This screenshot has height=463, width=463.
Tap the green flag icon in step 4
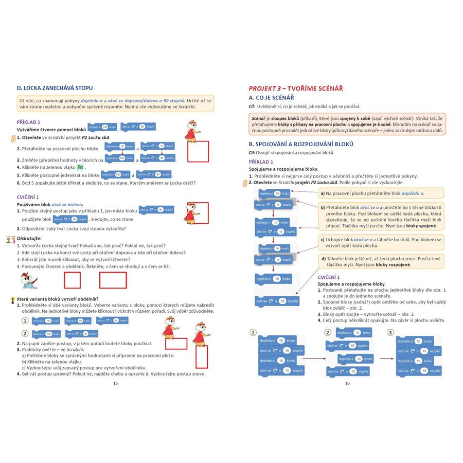point(80,167)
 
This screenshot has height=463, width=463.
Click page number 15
point(115,383)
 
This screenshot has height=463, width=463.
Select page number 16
point(347,383)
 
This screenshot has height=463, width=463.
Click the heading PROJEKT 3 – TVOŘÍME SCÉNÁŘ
point(296,88)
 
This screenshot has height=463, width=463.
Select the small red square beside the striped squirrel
point(72,280)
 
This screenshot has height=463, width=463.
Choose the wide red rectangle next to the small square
point(113,280)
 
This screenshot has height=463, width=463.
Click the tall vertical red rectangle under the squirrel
point(202,356)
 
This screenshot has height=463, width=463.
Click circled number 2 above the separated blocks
point(327,332)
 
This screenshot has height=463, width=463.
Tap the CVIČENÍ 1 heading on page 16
point(332,277)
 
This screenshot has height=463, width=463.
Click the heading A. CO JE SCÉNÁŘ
point(271,98)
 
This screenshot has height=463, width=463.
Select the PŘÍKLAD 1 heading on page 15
point(29,122)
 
